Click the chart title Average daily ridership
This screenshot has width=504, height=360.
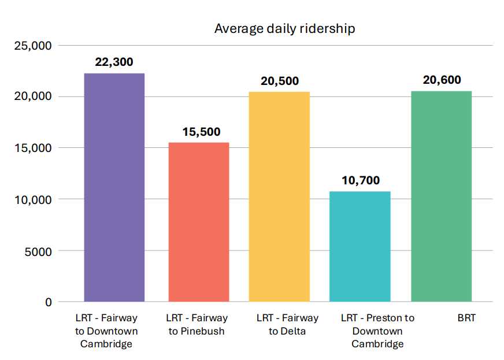284,28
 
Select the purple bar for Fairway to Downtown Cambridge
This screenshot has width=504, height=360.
114,187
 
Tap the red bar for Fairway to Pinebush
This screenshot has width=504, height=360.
198,222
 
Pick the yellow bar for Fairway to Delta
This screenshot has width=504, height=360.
279,196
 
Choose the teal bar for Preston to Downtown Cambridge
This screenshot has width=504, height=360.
360,246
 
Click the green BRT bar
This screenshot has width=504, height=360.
441,196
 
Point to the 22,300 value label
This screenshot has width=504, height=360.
114,62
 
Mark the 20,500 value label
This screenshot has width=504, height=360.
280,81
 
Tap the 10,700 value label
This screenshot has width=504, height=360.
361,180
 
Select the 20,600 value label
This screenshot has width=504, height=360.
442,80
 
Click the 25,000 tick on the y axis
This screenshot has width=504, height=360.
32,45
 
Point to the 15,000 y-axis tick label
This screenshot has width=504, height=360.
32,148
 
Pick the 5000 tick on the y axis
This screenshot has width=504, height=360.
38,251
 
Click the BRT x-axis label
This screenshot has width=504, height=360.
466,318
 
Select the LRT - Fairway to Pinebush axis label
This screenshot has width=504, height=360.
197,325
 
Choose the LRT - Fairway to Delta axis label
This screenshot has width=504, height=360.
287,325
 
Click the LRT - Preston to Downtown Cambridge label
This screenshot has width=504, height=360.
377,331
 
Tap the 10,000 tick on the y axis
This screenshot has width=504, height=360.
32,199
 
